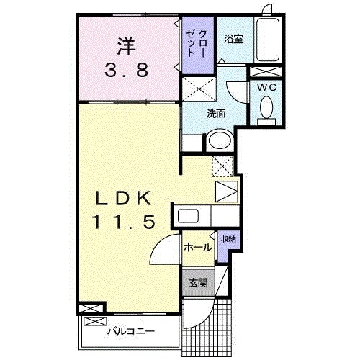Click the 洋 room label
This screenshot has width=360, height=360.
click(127, 48)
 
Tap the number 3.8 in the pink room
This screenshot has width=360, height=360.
click(127, 71)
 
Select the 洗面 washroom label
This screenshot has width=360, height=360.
click(216, 113)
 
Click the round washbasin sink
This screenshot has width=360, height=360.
click(218, 142)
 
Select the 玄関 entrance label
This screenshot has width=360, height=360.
click(197, 283)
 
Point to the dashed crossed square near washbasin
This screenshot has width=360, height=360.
click(222, 165)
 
